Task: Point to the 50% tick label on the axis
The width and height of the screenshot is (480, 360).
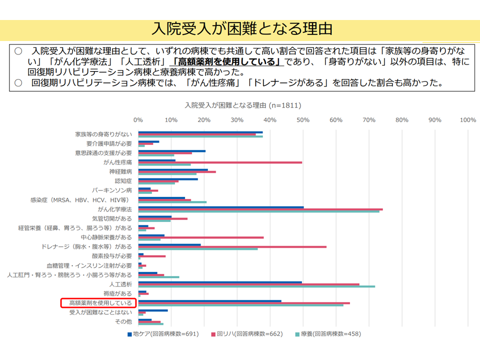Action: [303, 120]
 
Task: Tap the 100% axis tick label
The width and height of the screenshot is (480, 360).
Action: [467, 120]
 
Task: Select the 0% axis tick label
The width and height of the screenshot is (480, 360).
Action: [138, 120]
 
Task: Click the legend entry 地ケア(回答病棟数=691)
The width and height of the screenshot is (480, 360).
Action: [163, 333]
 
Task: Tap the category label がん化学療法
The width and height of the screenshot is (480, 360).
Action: [115, 209]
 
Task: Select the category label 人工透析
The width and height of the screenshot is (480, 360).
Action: [120, 284]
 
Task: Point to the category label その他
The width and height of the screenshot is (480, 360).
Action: [123, 321]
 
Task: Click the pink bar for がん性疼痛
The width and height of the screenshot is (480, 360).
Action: [220, 162]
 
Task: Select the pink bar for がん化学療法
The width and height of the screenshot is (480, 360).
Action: [260, 209]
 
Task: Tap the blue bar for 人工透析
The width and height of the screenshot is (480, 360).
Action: [220, 282]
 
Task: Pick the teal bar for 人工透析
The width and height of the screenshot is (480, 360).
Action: [256, 286]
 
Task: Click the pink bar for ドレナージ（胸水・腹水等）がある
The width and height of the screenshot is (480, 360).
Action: [232, 247]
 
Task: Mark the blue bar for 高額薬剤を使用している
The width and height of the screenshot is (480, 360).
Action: [210, 301]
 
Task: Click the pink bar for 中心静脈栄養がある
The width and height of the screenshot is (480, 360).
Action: [201, 237]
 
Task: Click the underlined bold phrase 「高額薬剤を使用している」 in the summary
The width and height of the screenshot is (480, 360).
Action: [227, 62]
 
